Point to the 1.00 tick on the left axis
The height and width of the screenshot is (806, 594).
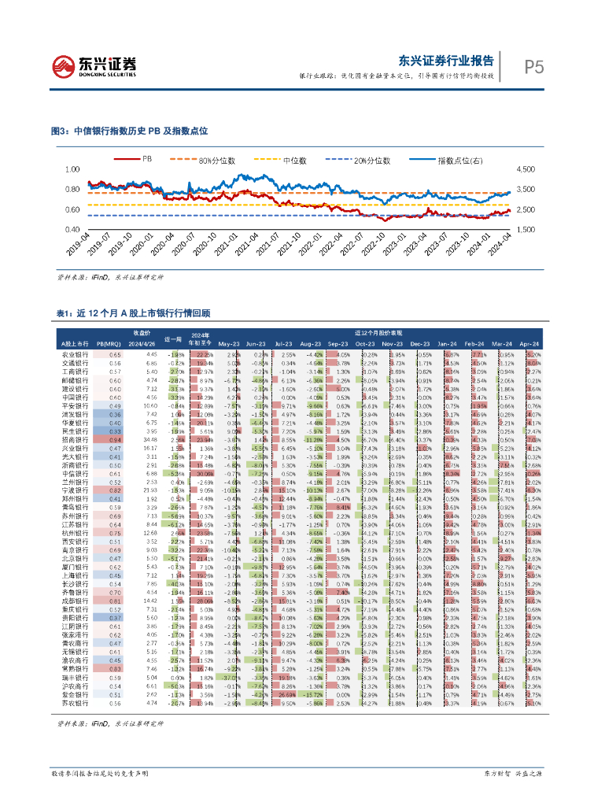72,169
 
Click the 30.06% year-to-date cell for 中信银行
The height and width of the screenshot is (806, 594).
205,475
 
